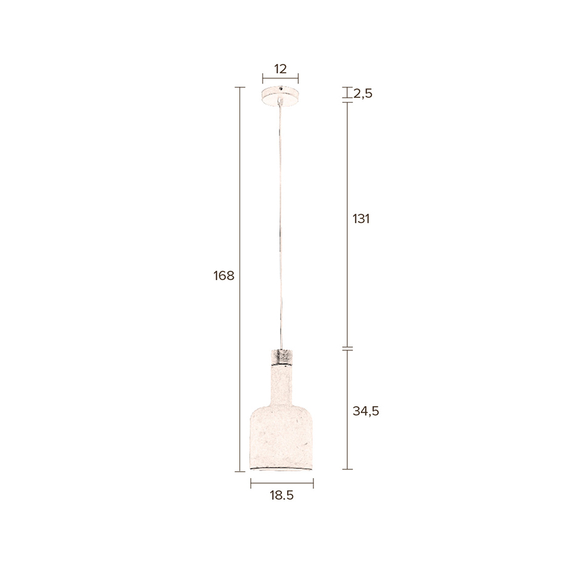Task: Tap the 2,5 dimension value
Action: pos(363,94)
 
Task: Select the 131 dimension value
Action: pos(362,219)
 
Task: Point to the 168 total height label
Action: pos(224,275)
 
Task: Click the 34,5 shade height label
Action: pos(366,411)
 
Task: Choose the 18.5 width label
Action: pos(282,495)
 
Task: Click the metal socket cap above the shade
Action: pos(281,355)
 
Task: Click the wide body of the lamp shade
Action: pos(281,439)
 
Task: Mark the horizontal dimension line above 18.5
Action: pos(282,483)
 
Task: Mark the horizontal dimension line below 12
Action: pos(280,78)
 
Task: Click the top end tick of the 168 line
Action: pos(239,87)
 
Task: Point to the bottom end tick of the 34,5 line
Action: pos(348,469)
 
